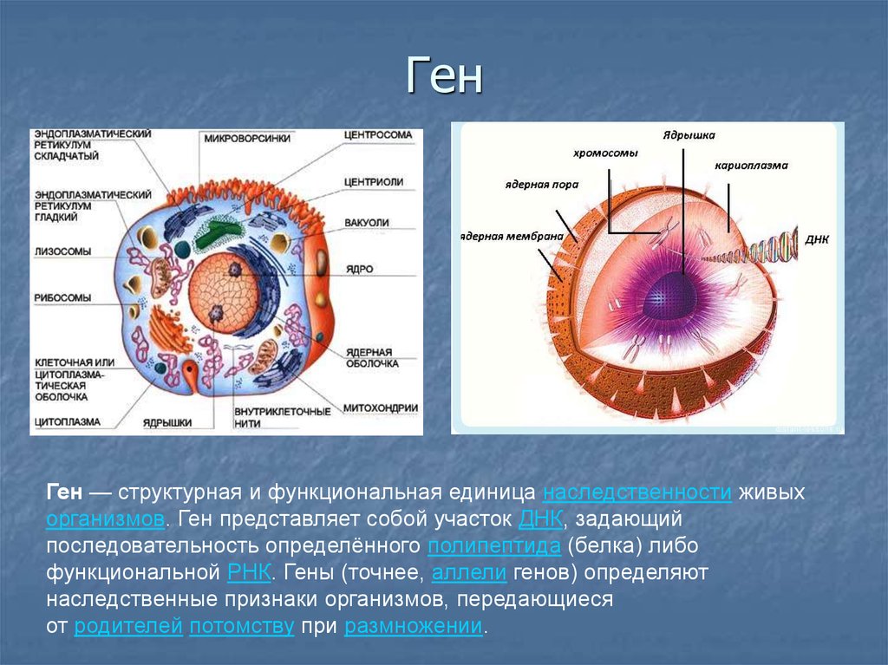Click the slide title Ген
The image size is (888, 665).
[443, 77]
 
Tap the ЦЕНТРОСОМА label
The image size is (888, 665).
[377, 135]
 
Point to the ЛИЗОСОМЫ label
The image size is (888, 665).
[62, 251]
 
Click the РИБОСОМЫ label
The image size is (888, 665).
[62, 297]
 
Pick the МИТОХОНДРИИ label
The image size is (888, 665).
[381, 407]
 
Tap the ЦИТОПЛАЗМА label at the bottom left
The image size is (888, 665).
[68, 421]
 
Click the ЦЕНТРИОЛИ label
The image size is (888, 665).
[374, 182]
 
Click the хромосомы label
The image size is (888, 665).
[604, 153]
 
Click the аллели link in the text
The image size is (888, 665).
[468, 573]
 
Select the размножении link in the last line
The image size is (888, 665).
[413, 627]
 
